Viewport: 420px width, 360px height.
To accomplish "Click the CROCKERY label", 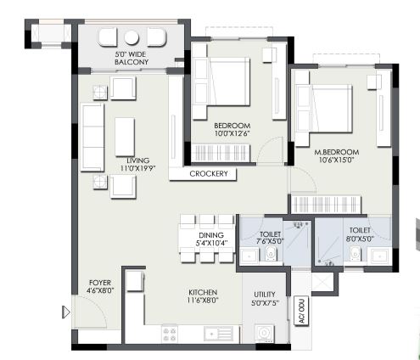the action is pyautogui.click(x=209, y=173).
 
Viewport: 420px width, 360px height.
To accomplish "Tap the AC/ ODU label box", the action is pyautogui.click(x=301, y=311).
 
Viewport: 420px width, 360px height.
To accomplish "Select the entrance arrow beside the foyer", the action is pyautogui.click(x=66, y=312).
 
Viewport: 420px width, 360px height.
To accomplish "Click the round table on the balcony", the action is pyautogui.click(x=132, y=37).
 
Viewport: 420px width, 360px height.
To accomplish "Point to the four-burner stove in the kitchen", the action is pyautogui.click(x=170, y=334).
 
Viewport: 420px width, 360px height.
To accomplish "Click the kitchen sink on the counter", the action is pyautogui.click(x=218, y=334).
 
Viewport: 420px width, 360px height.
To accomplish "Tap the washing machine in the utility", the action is pyautogui.click(x=265, y=333).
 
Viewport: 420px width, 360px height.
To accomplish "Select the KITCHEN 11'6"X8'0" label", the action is pyautogui.click(x=203, y=296).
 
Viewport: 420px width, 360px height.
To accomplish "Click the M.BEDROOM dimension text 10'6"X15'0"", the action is pyautogui.click(x=337, y=160).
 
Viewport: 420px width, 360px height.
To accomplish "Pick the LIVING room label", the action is pyautogui.click(x=138, y=160).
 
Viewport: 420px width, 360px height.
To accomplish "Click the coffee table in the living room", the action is pyautogui.click(x=125, y=137).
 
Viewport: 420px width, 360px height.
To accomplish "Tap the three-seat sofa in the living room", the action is pyautogui.click(x=92, y=138).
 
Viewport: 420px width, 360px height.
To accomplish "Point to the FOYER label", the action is pyautogui.click(x=100, y=283).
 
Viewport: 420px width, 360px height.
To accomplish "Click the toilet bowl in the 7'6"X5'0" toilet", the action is pyautogui.click(x=271, y=252).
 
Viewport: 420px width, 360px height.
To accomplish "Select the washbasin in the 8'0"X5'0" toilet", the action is pyautogui.click(x=379, y=256).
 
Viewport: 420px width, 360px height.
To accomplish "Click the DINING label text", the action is pyautogui.click(x=211, y=235).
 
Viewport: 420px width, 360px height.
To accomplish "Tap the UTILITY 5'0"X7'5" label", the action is pyautogui.click(x=265, y=298).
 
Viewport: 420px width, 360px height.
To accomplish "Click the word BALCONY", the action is pyautogui.click(x=132, y=62).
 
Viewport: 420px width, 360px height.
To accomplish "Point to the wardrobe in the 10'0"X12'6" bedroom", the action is pyautogui.click(x=221, y=153).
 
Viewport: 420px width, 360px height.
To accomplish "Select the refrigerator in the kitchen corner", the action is pyautogui.click(x=135, y=281).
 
